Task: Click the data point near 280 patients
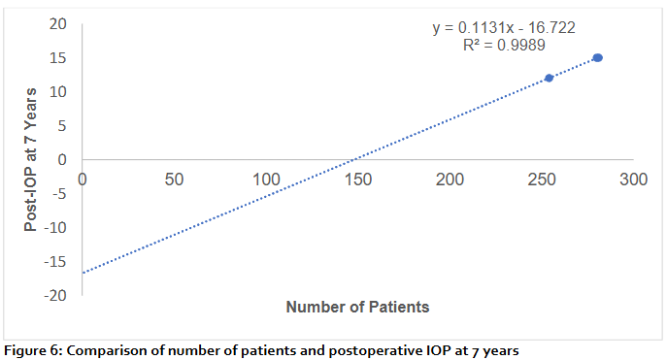pyautogui.click(x=597, y=58)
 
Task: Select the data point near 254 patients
pyautogui.click(x=549, y=78)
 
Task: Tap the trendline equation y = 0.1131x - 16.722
pyautogui.click(x=504, y=28)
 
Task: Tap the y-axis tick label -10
pyautogui.click(x=56, y=228)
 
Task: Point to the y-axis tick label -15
pyautogui.click(x=56, y=262)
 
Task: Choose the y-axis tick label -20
pyautogui.click(x=56, y=295)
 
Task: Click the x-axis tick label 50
pyautogui.click(x=174, y=180)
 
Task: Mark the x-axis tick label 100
pyautogui.click(x=266, y=180)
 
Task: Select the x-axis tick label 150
pyautogui.click(x=358, y=180)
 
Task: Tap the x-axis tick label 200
pyautogui.click(x=450, y=180)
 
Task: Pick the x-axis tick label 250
pyautogui.click(x=542, y=180)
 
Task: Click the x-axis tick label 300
pyautogui.click(x=633, y=180)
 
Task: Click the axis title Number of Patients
pyautogui.click(x=357, y=308)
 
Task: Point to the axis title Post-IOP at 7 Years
pyautogui.click(x=31, y=159)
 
